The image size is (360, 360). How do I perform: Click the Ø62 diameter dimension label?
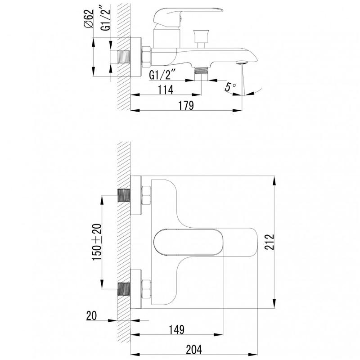(89, 18)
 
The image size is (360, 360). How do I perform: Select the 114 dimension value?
(166, 90)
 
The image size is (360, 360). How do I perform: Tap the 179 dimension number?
(186, 106)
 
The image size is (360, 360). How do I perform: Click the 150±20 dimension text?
(97, 242)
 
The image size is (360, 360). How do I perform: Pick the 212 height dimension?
(269, 242)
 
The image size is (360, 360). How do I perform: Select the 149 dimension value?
(177, 330)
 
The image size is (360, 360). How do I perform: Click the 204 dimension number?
(194, 350)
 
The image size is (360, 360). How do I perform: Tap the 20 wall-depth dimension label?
(92, 316)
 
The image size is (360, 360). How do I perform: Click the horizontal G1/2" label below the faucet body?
(162, 75)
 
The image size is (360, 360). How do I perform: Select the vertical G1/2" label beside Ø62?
(106, 20)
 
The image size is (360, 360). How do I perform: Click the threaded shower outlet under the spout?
(201, 70)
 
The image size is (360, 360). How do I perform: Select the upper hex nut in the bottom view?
(146, 195)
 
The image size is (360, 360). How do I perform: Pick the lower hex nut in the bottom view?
(146, 289)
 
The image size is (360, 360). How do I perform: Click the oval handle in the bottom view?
(188, 242)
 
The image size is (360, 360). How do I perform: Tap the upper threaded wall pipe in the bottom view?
(124, 195)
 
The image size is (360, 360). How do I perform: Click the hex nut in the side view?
(146, 57)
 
